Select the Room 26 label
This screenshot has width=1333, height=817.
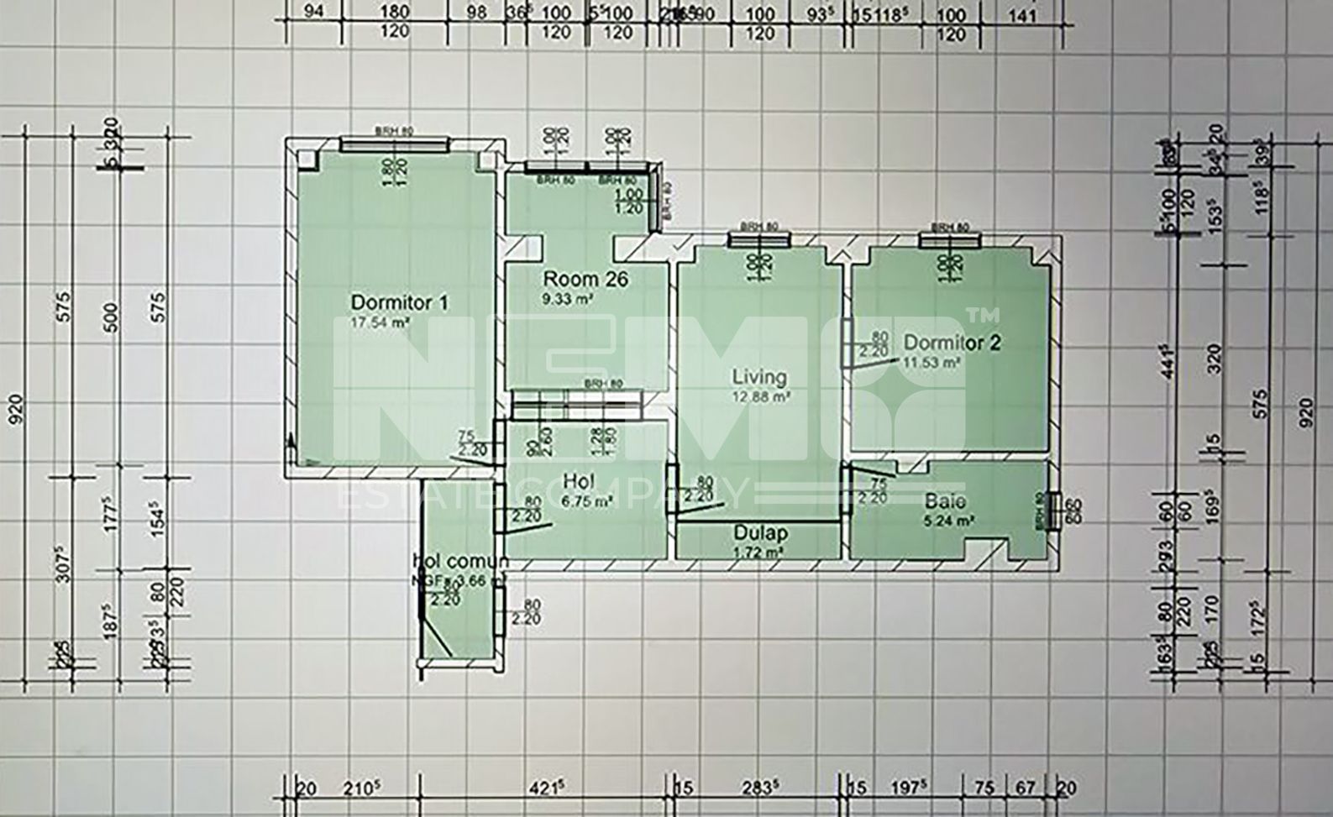585,279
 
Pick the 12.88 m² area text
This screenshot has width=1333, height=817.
761,395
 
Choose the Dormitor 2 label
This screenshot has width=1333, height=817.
952,343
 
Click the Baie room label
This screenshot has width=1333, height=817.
945,502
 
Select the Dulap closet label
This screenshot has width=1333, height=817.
760,533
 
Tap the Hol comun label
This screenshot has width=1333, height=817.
460,561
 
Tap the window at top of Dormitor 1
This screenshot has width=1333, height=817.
392,145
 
